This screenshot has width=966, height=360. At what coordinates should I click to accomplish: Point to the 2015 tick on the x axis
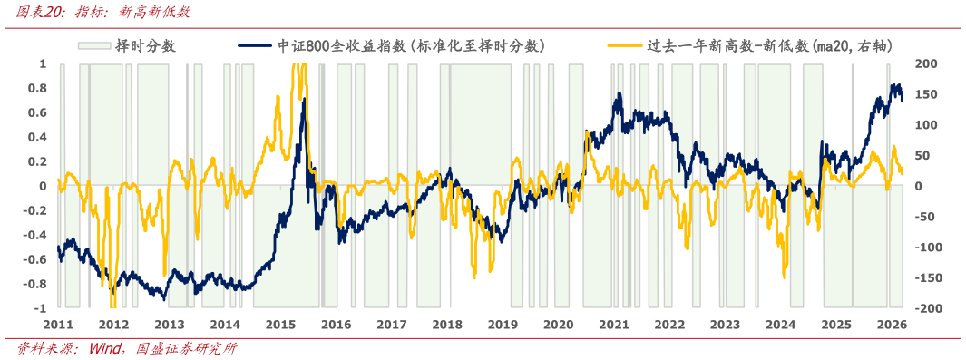point(280,325)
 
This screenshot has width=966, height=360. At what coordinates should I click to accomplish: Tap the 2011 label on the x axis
point(57,325)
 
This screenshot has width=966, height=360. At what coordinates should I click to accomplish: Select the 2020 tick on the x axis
point(558,325)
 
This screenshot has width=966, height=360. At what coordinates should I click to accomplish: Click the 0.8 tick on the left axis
point(37,89)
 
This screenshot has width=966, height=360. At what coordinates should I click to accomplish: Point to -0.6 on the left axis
point(34,259)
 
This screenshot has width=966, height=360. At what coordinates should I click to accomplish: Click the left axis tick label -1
point(40,308)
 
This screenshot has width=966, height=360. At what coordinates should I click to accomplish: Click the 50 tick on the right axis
point(920,156)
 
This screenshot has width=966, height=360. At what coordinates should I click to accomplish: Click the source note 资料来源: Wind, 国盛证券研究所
point(127,349)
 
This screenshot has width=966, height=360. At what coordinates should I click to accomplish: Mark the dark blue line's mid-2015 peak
point(303,98)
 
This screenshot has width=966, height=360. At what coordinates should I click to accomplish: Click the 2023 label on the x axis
point(725,325)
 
